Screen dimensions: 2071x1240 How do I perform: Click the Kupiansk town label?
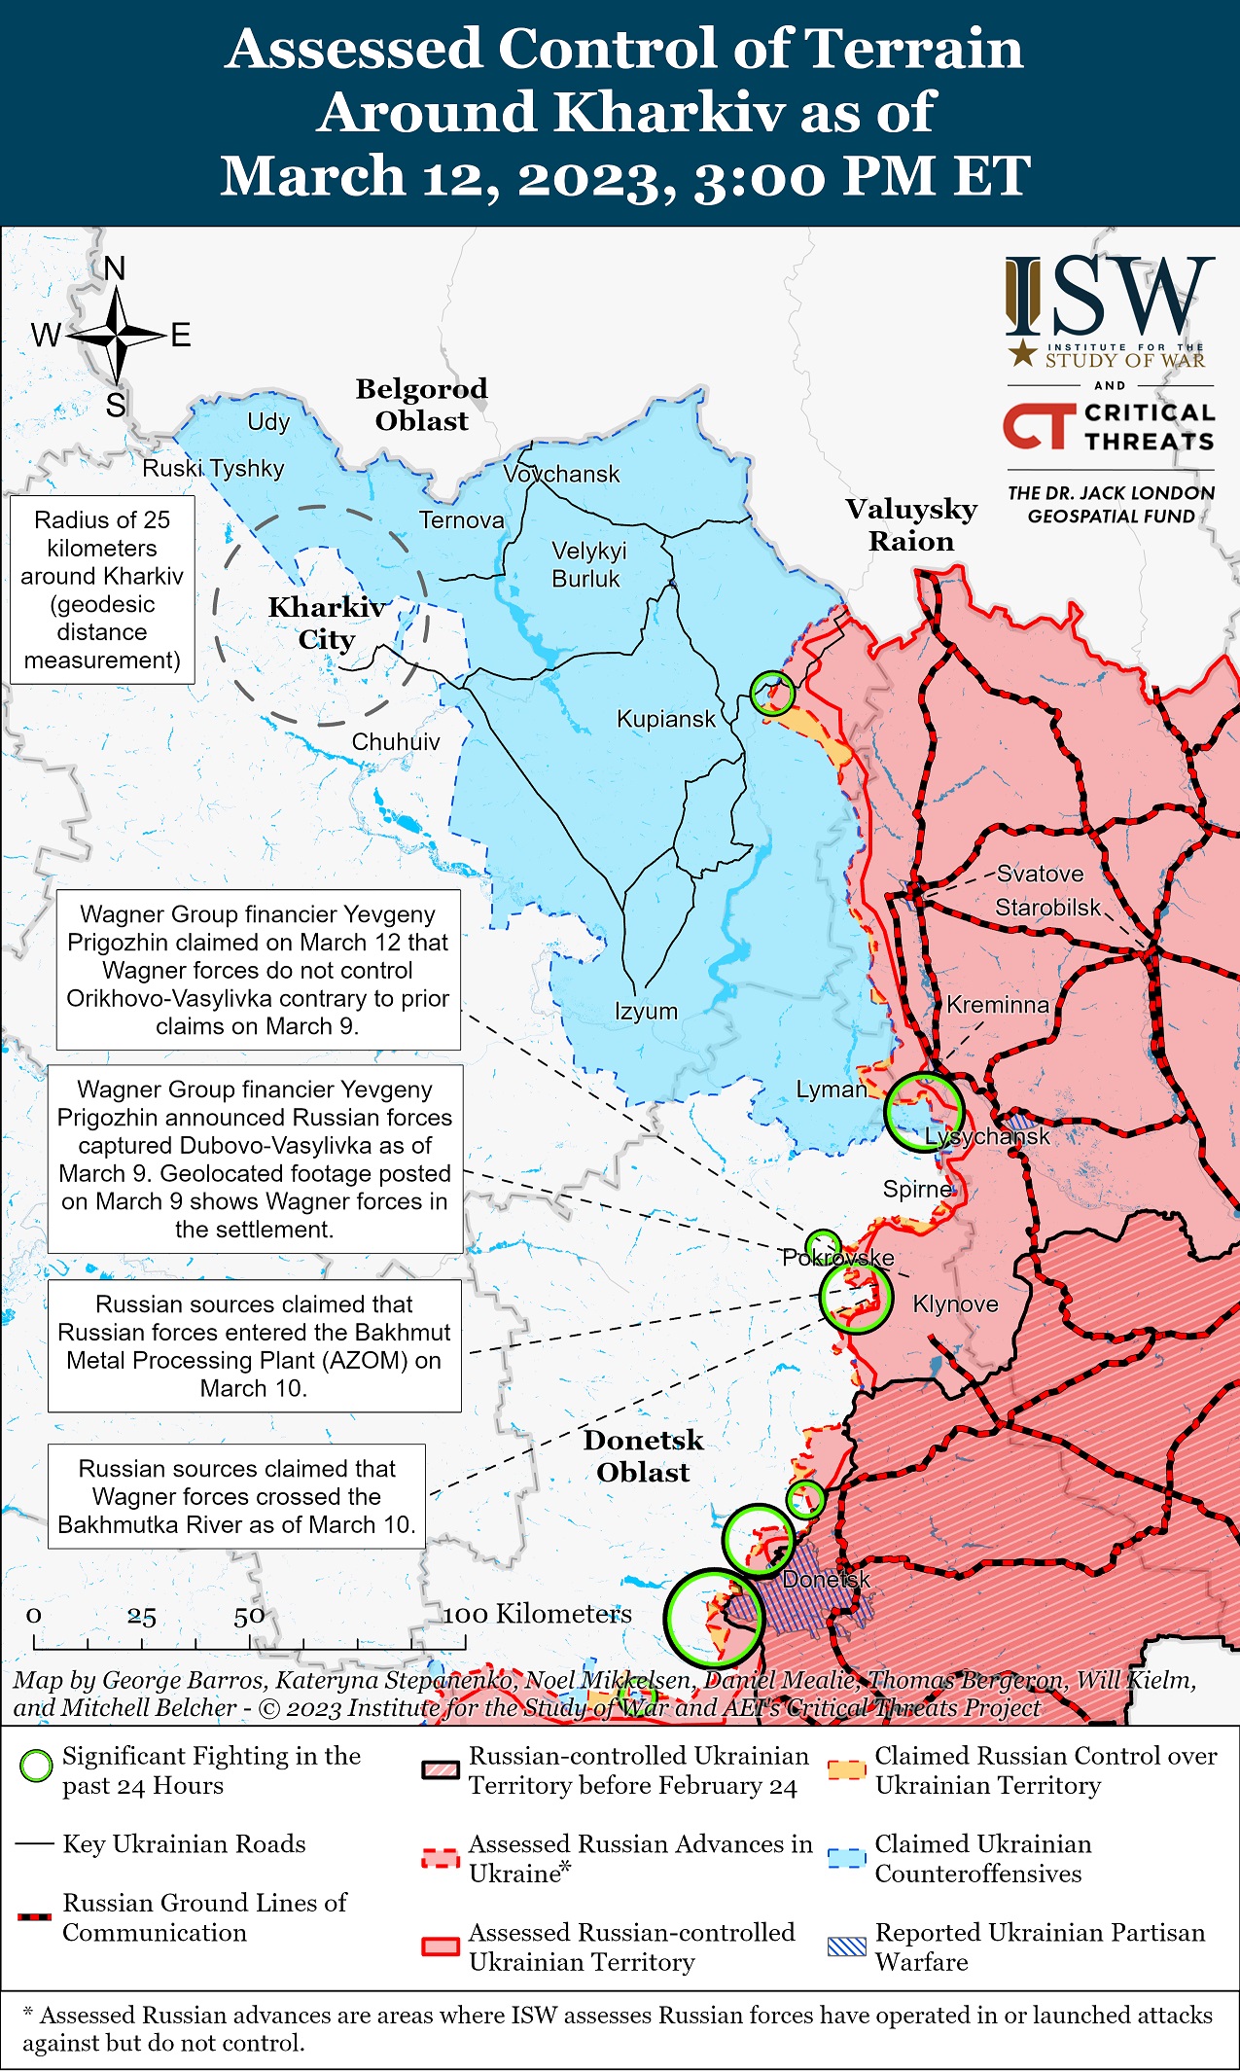click(x=665, y=719)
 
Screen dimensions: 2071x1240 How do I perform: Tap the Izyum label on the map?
click(x=646, y=1011)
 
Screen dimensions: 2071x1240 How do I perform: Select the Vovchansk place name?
click(x=561, y=474)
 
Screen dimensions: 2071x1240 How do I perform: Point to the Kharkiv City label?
click(x=327, y=623)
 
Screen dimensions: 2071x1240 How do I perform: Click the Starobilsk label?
click(x=1047, y=908)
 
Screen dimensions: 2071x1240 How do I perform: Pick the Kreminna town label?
click(x=998, y=1005)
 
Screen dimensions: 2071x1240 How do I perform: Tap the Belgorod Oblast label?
click(x=421, y=405)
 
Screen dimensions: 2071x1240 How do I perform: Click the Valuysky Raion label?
click(x=911, y=524)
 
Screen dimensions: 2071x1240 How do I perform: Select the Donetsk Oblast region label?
click(x=643, y=1455)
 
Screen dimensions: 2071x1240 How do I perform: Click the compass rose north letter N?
click(x=115, y=268)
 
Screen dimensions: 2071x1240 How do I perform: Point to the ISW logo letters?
click(x=1110, y=297)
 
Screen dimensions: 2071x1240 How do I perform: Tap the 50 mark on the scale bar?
click(x=249, y=1616)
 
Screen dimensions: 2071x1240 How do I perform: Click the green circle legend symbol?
click(x=36, y=1765)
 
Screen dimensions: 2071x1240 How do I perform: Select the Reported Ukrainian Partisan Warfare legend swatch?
click(x=845, y=1946)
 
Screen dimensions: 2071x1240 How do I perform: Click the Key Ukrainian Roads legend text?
click(x=184, y=1843)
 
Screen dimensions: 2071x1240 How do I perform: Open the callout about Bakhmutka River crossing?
click(x=236, y=1496)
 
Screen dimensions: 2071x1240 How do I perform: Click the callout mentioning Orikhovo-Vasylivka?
click(x=258, y=970)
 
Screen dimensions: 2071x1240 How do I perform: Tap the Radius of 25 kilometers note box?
click(x=102, y=589)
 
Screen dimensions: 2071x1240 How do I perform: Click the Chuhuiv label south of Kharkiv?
click(x=395, y=741)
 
